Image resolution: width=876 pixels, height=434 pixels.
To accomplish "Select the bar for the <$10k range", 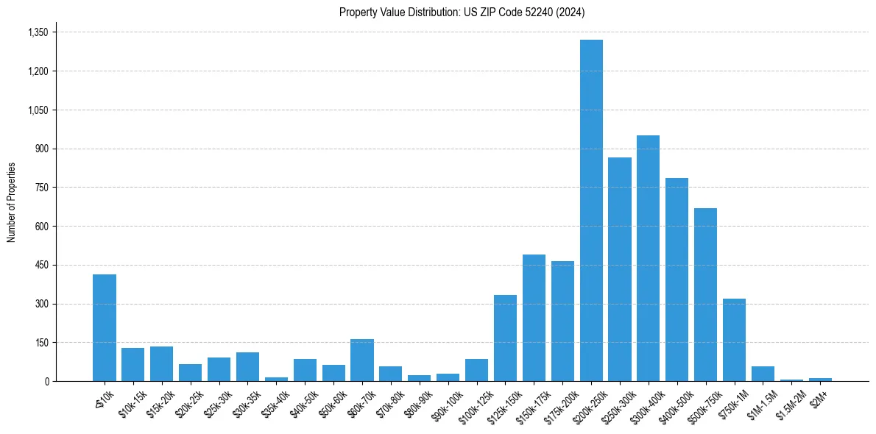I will (x=105, y=327).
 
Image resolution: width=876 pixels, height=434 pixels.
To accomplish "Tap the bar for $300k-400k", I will (x=649, y=258).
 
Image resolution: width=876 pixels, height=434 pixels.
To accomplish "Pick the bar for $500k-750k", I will (x=705, y=294).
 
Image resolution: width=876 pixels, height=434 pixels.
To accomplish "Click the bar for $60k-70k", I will (x=362, y=360).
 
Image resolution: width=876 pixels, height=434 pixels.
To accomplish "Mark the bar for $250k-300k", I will (x=620, y=269).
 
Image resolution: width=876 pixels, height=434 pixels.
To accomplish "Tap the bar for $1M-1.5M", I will (x=763, y=374).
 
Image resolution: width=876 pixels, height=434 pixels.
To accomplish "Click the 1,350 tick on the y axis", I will (x=38, y=32).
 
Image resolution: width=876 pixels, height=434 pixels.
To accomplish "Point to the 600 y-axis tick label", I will (x=42, y=227).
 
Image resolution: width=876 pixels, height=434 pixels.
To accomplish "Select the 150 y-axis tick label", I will (x=42, y=343).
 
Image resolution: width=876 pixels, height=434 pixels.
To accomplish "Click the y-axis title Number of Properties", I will (x=11, y=202).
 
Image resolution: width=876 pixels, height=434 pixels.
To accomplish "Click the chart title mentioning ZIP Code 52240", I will (x=462, y=12).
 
